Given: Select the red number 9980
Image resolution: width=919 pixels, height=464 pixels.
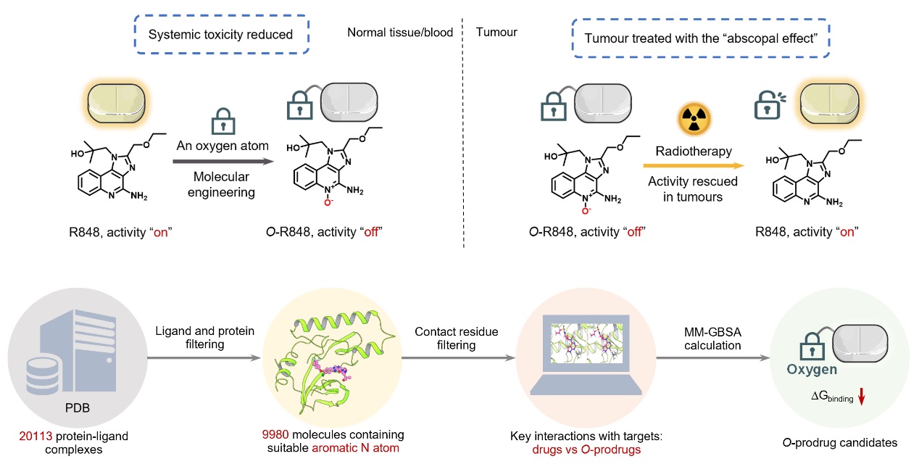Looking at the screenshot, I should pos(276,434).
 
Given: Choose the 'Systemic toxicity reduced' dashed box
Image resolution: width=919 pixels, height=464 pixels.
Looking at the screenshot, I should pos(220,33).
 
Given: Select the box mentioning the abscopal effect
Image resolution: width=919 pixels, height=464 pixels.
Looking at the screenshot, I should pos(700,34).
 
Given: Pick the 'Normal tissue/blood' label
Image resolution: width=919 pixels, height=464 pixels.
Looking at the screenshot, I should pos(400,33).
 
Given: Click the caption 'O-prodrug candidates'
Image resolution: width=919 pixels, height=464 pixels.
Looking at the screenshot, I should pos(837,441).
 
